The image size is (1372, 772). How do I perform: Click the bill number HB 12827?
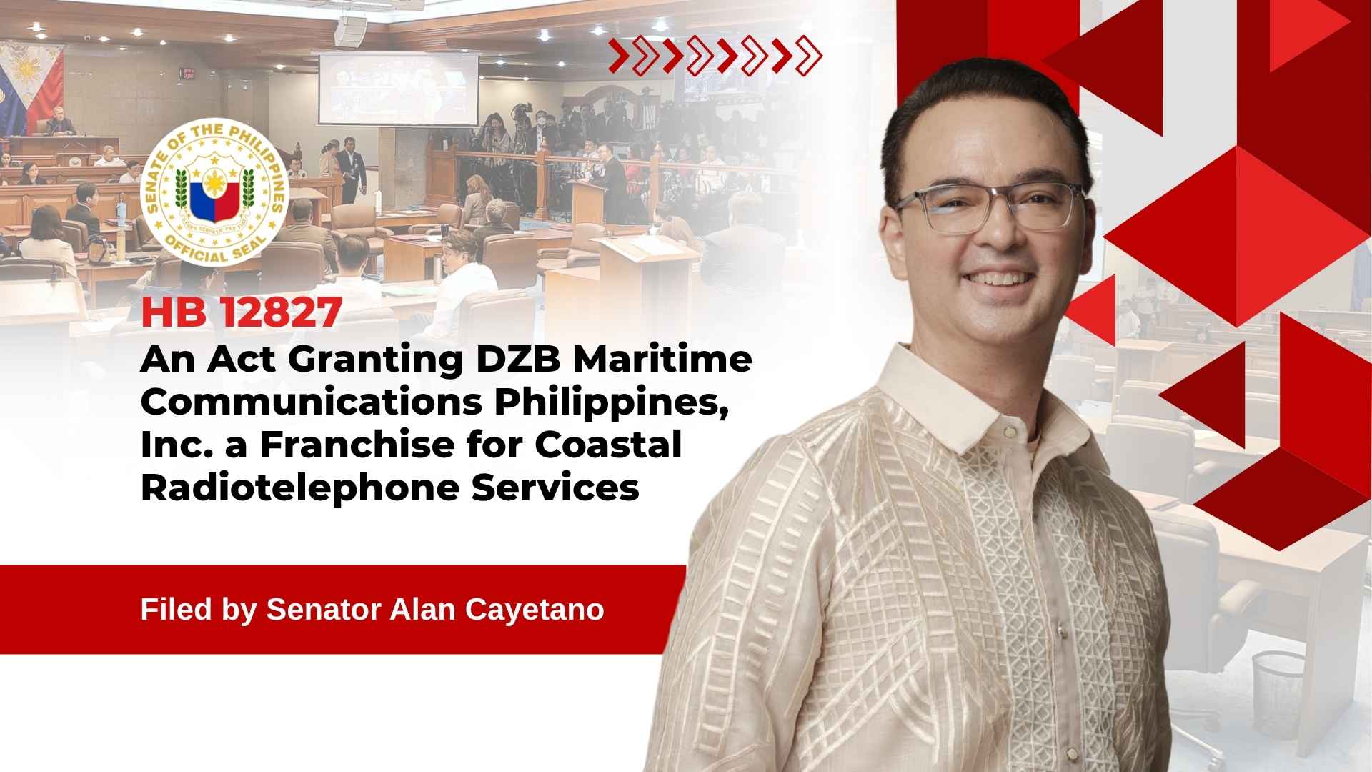[242, 313]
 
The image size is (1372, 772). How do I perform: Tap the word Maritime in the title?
[662, 359]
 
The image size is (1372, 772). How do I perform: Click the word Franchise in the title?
[357, 445]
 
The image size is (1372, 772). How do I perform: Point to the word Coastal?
[608, 445]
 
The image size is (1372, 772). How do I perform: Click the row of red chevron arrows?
[715, 56]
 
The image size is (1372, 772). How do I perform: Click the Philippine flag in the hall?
[32, 82]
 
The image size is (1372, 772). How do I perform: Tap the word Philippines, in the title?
[611, 403]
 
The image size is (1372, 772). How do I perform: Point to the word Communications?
[312, 402]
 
